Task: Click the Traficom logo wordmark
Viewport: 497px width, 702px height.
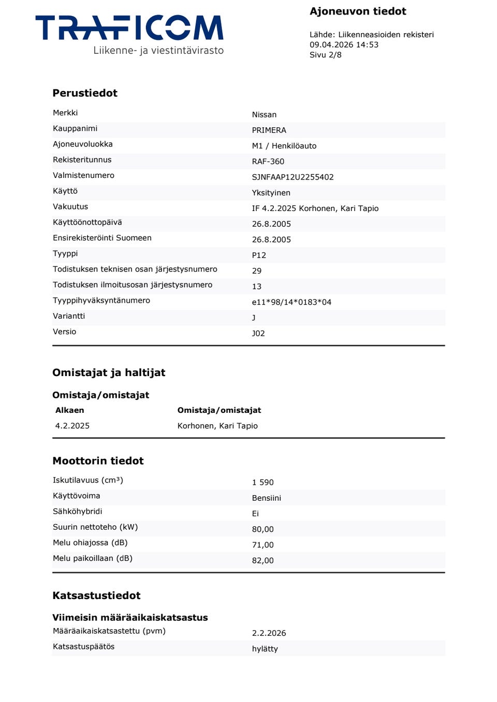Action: [129, 28]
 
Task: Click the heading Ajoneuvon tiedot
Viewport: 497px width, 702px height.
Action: [358, 11]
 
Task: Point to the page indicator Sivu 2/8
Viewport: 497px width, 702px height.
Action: [326, 55]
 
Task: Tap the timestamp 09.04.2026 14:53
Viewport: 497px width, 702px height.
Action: [344, 45]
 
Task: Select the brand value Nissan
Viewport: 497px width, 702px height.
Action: [264, 115]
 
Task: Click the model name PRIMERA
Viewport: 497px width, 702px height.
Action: [269, 130]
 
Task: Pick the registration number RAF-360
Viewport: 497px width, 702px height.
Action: [268, 161]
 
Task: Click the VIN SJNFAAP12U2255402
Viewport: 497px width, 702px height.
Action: [293, 177]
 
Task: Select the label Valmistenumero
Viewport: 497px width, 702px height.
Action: [83, 175]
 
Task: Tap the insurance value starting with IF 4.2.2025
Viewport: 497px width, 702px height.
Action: [315, 208]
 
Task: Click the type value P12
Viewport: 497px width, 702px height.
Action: [259, 256]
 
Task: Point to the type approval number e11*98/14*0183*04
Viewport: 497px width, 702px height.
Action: [291, 302]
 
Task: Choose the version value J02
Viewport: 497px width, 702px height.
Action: [258, 334]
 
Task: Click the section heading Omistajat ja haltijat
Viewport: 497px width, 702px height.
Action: [109, 372]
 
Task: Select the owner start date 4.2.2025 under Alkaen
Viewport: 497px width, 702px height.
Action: [72, 426]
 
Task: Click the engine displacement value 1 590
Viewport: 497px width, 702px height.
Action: [262, 483]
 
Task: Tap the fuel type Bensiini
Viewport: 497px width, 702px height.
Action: [266, 498]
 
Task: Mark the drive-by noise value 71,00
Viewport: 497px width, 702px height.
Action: [262, 545]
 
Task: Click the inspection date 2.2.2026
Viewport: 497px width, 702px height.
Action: [269, 633]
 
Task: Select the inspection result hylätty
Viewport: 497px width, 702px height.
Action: [265, 649]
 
